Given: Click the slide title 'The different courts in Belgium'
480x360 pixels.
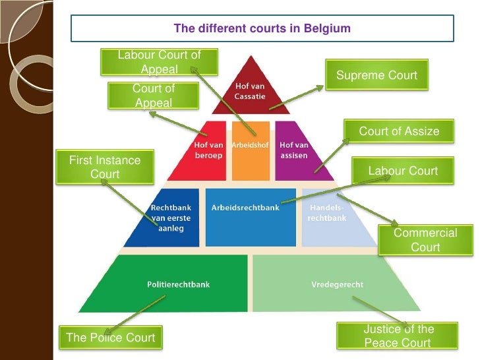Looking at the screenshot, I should [262, 28].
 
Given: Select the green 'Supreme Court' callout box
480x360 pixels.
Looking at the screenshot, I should [376, 75].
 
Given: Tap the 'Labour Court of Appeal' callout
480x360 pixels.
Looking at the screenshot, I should [159, 62].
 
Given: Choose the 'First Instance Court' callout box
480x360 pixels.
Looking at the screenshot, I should [105, 167].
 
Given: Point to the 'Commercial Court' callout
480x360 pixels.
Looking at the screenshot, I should [425, 240].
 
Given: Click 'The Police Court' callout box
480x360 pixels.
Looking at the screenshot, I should [111, 338].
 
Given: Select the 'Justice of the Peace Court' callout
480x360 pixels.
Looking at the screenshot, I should [398, 336].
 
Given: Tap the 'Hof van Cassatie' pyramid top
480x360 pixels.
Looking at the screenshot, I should [250, 92].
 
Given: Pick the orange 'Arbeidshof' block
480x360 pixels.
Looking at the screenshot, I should [251, 152].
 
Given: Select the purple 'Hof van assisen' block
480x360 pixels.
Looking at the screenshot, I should [297, 152].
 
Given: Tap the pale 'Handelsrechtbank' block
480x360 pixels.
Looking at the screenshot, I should [330, 218].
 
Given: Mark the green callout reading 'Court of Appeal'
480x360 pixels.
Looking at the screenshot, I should [153, 96].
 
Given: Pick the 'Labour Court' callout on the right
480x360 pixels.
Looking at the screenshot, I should [403, 171].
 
